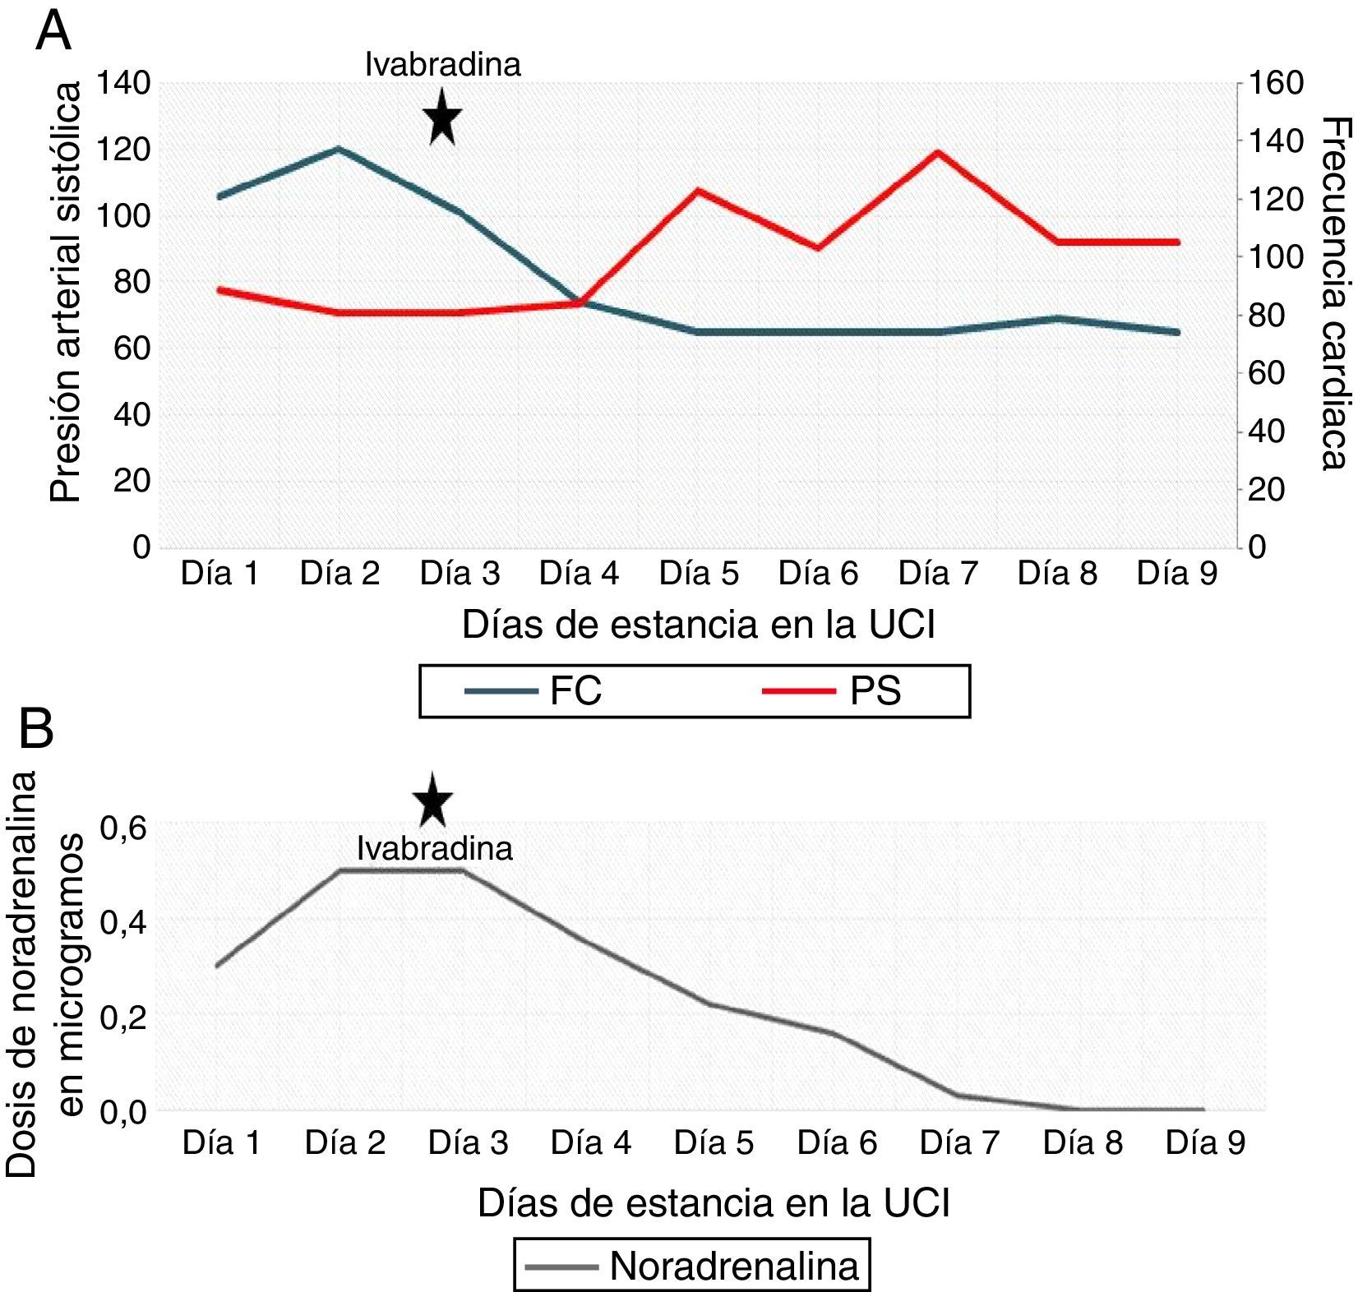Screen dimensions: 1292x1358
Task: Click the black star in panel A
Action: point(442,117)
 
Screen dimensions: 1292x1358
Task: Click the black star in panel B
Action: point(433,801)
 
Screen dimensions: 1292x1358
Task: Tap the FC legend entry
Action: point(534,690)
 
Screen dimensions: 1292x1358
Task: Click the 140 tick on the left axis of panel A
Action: point(123,83)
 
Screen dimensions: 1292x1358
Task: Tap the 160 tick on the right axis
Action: point(1276,83)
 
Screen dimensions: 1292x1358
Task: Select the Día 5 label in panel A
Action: point(699,574)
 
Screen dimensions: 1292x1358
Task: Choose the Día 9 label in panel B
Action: point(1205,1142)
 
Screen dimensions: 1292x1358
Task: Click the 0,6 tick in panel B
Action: point(123,827)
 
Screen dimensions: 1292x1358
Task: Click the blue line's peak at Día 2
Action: point(339,149)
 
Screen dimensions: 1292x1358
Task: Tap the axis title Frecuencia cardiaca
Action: point(1337,293)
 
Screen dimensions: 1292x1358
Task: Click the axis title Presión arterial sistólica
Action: point(66,293)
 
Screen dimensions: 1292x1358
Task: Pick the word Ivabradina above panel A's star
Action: point(442,65)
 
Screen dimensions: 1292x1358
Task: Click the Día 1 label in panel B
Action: point(221,1142)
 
